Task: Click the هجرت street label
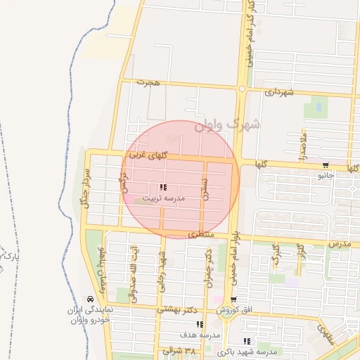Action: coord(149,83)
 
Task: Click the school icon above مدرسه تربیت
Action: coord(163,188)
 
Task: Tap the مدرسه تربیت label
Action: coord(163,198)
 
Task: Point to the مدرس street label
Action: coord(339,243)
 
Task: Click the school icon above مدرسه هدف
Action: coord(201,324)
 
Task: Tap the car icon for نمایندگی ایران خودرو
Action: coord(89,300)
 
